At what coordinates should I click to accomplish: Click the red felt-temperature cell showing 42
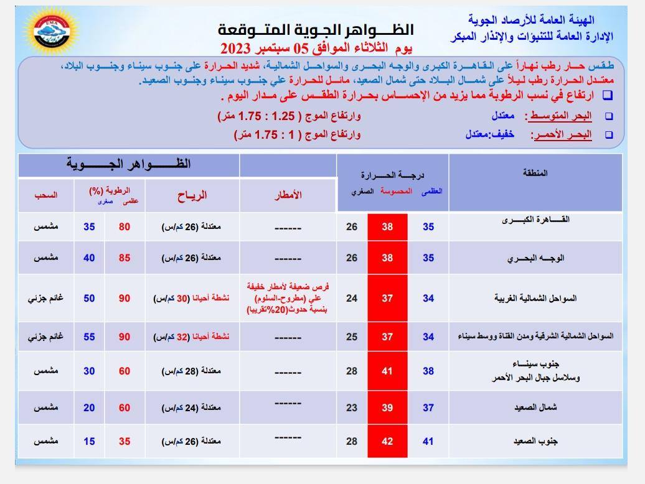(x=387, y=441)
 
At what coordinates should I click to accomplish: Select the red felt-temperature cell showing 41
(x=387, y=371)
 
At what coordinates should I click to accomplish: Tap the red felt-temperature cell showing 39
(x=387, y=407)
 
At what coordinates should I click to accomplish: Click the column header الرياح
(x=192, y=195)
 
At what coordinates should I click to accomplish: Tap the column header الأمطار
(x=288, y=195)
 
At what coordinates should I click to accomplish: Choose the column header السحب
(x=45, y=195)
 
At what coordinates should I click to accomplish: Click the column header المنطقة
(x=535, y=173)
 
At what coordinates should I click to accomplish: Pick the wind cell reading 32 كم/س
(x=192, y=337)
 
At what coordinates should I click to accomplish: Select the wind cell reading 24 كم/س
(x=192, y=408)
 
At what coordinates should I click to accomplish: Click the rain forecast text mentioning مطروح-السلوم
(x=288, y=298)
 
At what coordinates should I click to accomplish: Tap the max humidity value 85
(x=125, y=258)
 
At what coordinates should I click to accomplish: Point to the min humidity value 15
(x=90, y=441)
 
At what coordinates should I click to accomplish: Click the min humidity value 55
(x=90, y=337)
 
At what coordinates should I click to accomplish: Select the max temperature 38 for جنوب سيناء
(x=428, y=371)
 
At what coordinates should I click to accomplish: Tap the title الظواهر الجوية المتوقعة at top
(x=316, y=30)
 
